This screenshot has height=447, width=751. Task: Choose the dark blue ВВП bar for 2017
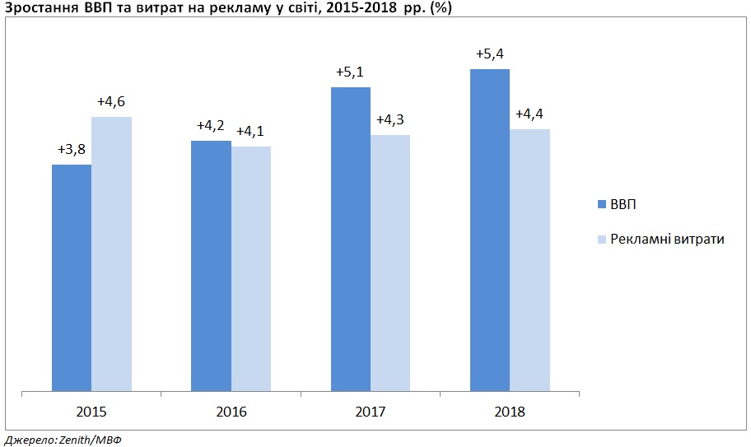351,239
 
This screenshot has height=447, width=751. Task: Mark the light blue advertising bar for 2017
390,263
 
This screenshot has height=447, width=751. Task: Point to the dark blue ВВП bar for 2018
490,230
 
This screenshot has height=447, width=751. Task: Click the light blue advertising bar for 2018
529,259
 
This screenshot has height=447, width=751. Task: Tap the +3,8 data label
72,150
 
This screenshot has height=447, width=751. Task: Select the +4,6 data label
111,102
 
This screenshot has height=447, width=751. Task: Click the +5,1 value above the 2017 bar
351,72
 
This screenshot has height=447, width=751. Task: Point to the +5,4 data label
490,54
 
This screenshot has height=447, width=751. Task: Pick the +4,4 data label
529,114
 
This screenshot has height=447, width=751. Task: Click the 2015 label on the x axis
91,412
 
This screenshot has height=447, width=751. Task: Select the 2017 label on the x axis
371,412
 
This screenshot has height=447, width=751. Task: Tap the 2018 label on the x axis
510,412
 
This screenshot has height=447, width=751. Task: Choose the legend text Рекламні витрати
668,239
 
